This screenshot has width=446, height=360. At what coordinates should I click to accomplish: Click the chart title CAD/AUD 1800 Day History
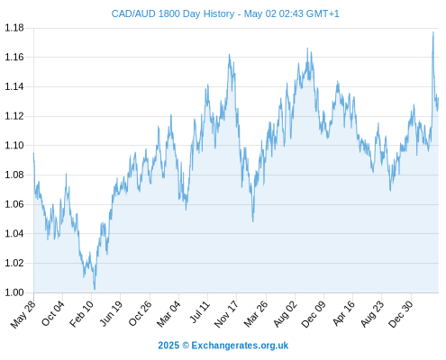click(173, 13)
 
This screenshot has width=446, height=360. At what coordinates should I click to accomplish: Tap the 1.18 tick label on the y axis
click(14, 28)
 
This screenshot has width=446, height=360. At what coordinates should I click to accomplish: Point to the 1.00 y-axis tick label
click(14, 292)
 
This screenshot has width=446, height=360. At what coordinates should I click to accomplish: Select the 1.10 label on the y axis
click(14, 146)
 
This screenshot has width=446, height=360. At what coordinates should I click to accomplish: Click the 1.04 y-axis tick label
click(14, 234)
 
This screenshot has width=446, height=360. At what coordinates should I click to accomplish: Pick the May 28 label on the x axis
click(23, 314)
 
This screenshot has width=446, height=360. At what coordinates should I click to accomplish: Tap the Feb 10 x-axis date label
click(82, 314)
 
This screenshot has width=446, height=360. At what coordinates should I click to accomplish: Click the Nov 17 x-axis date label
click(226, 314)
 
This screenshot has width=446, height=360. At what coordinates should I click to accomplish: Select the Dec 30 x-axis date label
click(401, 314)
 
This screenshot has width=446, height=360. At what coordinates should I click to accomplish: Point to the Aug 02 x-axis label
click(286, 314)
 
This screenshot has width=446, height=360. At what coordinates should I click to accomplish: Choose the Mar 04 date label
click(168, 314)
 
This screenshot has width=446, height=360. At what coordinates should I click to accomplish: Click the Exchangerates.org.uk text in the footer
click(240, 346)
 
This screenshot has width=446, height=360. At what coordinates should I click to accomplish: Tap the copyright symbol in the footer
click(186, 346)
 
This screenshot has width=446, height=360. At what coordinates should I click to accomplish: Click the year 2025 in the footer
click(168, 346)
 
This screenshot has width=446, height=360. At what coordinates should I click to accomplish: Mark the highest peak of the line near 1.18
click(433, 31)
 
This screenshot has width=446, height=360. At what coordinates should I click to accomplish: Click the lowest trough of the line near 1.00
click(95, 289)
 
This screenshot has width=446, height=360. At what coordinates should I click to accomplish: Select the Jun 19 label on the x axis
click(111, 314)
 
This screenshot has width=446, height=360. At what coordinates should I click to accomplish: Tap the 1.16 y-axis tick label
click(14, 57)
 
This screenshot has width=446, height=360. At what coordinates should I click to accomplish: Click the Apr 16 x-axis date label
click(343, 314)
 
